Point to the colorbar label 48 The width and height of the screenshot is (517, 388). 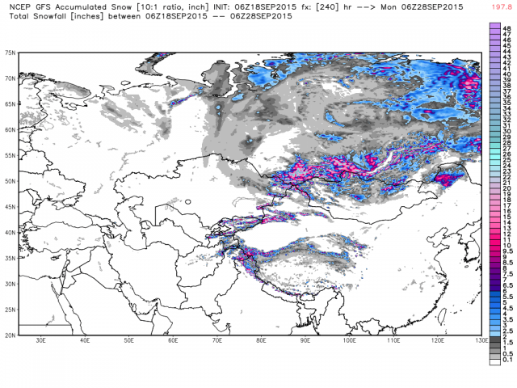(505, 27)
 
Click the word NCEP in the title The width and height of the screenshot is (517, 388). (18, 6)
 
